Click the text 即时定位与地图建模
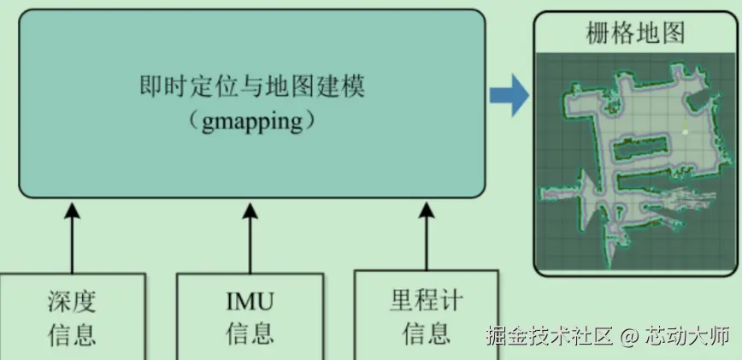(252, 88)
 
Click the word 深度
(72, 302)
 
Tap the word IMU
(250, 302)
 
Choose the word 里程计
(427, 300)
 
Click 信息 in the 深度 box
(72, 333)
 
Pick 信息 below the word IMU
(250, 333)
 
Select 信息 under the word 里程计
(427, 332)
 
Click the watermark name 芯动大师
(687, 335)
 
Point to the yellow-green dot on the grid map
(684, 131)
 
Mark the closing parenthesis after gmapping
(309, 121)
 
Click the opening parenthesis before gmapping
(195, 121)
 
